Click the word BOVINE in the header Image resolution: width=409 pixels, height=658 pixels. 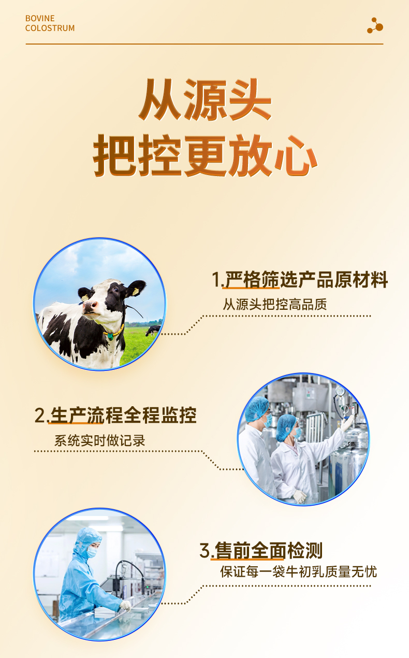click(x=40, y=18)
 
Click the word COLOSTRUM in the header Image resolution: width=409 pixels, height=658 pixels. click(x=50, y=28)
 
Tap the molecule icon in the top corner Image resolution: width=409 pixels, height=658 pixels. click(x=375, y=25)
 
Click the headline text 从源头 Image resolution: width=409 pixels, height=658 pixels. click(x=204, y=99)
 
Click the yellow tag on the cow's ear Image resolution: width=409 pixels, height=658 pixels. click(x=135, y=292)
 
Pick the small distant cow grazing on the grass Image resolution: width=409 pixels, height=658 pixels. click(x=153, y=331)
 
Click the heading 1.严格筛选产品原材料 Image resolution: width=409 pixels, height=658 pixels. click(x=300, y=279)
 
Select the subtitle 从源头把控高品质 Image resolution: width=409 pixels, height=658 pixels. click(x=275, y=304)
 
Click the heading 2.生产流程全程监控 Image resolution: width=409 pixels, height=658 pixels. click(x=115, y=415)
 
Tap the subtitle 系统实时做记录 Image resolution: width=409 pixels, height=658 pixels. click(x=99, y=440)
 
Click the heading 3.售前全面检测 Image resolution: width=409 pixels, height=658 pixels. click(x=261, y=550)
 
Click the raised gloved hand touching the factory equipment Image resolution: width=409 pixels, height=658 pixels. click(x=347, y=423)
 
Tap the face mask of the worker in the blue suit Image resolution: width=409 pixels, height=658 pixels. click(x=92, y=552)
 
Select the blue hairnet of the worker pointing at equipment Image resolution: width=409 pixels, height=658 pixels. click(x=286, y=427)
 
